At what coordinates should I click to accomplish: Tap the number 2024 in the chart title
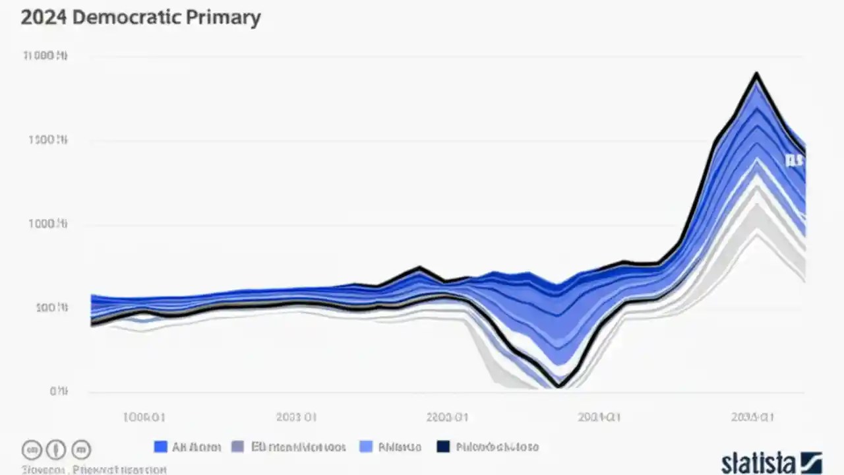tap(44, 17)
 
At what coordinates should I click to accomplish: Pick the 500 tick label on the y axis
tap(51, 308)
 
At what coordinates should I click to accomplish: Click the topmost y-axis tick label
tap(45, 57)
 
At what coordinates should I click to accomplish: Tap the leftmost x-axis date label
tap(144, 417)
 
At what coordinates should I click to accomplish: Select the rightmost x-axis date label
tap(752, 417)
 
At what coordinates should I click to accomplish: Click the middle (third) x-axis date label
tap(447, 417)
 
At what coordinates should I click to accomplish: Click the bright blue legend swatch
tap(160, 447)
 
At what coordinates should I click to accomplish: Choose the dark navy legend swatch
tap(443, 447)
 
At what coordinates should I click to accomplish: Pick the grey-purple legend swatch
tap(238, 447)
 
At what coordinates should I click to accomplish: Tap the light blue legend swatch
tap(366, 447)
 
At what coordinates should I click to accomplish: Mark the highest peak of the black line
tap(756, 74)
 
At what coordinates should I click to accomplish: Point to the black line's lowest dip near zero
tap(559, 385)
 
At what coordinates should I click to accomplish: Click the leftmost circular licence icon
tap(32, 450)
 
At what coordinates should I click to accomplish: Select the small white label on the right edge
tap(795, 160)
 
